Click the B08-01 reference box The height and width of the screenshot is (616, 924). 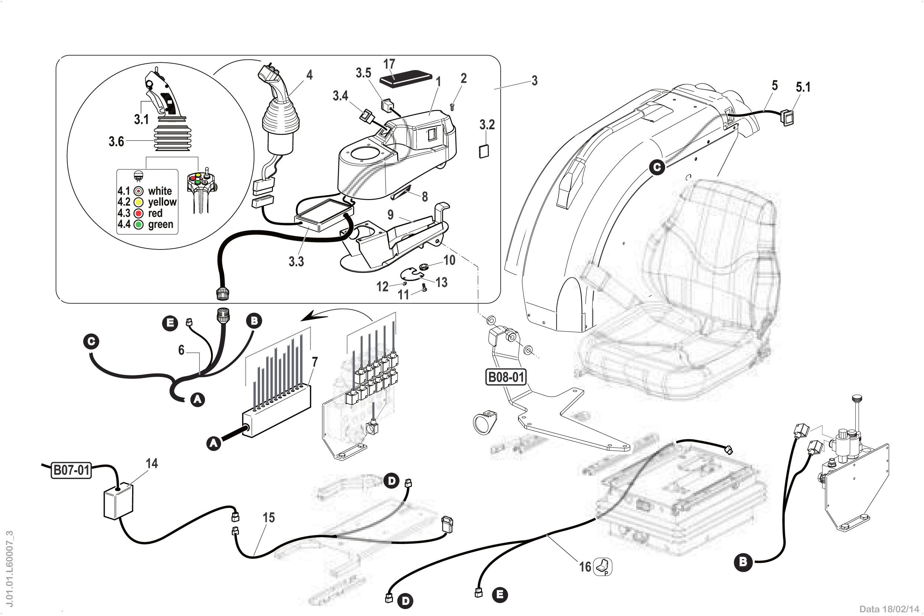click(x=505, y=377)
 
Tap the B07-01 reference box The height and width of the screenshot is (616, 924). click(x=71, y=470)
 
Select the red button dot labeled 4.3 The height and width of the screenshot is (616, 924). click(x=138, y=214)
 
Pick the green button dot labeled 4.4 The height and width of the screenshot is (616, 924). click(x=138, y=225)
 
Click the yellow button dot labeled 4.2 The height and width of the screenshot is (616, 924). click(x=138, y=202)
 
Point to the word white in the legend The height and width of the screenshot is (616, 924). click(x=160, y=191)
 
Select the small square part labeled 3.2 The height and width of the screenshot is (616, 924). click(x=484, y=151)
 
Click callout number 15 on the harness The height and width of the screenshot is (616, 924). click(x=269, y=518)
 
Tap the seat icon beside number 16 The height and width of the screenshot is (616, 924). click(x=602, y=567)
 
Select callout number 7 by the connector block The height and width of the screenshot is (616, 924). click(x=314, y=362)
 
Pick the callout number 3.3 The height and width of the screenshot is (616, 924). click(x=296, y=261)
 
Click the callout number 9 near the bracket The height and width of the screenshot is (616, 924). click(x=390, y=215)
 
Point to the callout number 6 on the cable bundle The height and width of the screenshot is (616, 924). click(x=181, y=350)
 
